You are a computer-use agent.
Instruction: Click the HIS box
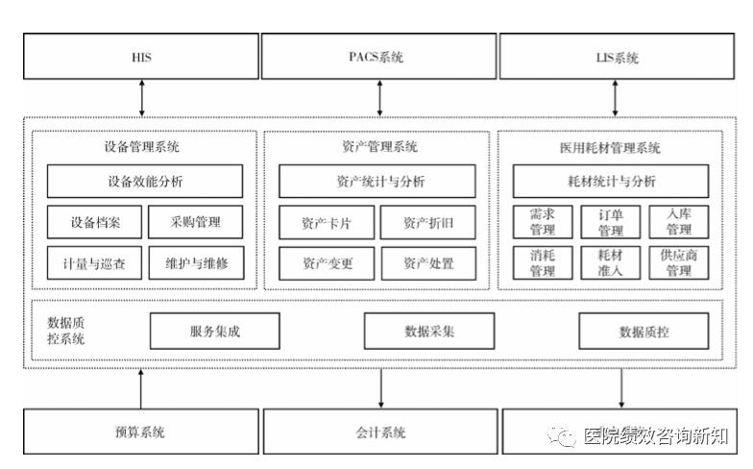(x=140, y=56)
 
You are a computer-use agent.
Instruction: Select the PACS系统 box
(x=378, y=56)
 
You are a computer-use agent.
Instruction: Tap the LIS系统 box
(x=617, y=56)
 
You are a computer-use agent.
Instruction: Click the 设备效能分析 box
(x=144, y=181)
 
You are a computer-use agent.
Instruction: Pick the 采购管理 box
(x=196, y=222)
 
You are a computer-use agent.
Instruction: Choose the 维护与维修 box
(x=196, y=263)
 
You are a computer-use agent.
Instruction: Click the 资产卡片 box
(x=327, y=223)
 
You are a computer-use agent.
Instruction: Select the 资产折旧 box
(x=428, y=223)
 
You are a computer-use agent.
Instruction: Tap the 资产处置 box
(x=428, y=263)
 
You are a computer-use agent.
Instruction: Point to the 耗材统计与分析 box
(x=611, y=181)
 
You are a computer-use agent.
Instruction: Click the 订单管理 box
(x=611, y=222)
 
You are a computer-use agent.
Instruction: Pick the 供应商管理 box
(x=678, y=263)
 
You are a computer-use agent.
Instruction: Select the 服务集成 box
(x=215, y=331)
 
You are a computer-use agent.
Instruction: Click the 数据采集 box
(x=428, y=331)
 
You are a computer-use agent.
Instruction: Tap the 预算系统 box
(x=140, y=432)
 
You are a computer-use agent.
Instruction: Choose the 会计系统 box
(x=380, y=432)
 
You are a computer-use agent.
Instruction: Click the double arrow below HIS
(x=142, y=98)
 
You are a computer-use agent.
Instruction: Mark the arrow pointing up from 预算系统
(x=140, y=388)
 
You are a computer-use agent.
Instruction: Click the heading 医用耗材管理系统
(x=610, y=148)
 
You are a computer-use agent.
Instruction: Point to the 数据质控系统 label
(x=65, y=331)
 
